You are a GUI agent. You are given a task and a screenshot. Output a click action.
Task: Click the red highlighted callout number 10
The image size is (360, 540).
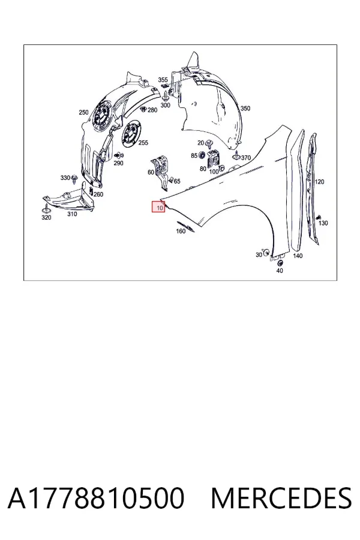(x=159, y=208)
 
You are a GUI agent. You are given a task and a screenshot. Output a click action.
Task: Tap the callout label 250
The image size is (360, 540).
(x=83, y=112)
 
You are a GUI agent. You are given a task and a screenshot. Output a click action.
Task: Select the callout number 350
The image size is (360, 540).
(x=245, y=109)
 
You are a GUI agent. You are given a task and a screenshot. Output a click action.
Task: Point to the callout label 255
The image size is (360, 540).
(x=143, y=143)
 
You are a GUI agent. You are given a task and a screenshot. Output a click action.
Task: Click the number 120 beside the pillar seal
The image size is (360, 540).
(x=319, y=182)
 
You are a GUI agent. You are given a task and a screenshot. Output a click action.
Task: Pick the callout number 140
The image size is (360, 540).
(x=298, y=256)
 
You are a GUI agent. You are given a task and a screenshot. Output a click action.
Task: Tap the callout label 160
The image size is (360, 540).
(x=181, y=231)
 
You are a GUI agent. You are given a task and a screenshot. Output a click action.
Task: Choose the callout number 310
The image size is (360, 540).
(x=72, y=214)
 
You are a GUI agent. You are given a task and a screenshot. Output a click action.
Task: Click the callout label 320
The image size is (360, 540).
(x=46, y=217)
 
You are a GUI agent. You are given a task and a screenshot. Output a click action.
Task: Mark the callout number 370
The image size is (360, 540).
(x=246, y=158)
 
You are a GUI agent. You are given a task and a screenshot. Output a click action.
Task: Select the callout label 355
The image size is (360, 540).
(x=163, y=80)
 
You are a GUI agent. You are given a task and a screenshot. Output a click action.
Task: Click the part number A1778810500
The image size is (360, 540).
(x=96, y=499)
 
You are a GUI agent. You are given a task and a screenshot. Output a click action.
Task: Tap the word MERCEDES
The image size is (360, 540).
(x=281, y=499)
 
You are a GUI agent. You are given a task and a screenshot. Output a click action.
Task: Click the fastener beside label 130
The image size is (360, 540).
(x=319, y=217)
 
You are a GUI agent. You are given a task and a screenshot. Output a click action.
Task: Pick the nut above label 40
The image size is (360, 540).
(x=280, y=263)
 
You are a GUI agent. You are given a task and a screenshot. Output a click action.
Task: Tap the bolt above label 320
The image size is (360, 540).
(x=46, y=208)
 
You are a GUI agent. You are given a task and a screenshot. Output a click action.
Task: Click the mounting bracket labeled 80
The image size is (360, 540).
(x=214, y=160)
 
